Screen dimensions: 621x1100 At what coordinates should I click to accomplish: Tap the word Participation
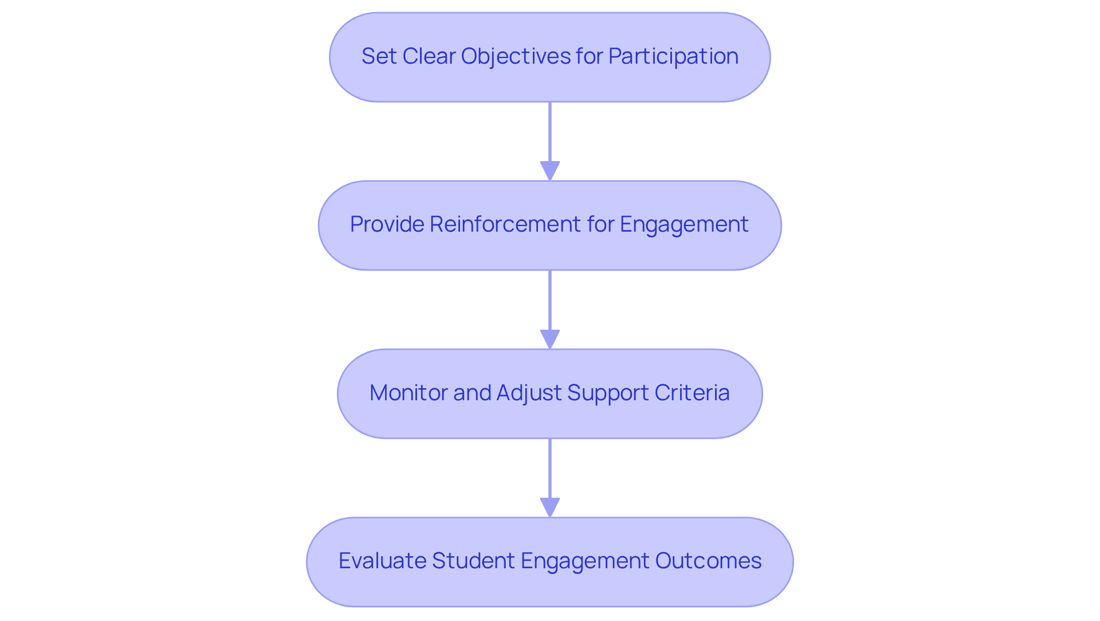673,56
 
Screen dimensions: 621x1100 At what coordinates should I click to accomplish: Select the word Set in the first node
379,56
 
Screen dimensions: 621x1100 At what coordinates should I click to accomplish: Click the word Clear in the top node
429,56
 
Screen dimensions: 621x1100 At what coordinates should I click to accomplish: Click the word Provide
387,224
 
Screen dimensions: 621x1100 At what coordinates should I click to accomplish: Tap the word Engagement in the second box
684,224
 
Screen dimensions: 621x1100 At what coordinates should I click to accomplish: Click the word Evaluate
382,561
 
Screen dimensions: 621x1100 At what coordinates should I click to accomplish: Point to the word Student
473,561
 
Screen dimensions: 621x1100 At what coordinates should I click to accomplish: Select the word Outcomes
708,561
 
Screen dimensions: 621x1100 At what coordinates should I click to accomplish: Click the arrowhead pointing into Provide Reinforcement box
550,171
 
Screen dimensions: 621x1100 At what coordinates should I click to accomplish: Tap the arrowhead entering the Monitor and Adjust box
550,339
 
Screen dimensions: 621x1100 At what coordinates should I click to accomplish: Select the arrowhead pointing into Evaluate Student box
550,507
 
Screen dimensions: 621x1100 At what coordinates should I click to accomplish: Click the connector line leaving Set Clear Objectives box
550,132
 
